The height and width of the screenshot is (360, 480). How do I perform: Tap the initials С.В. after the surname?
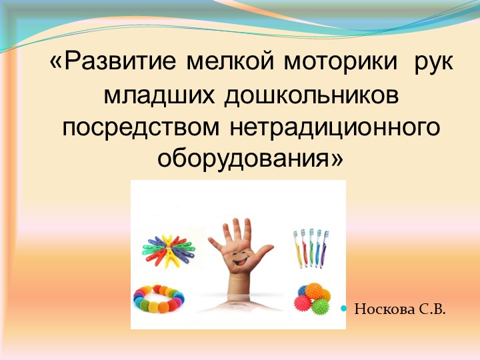[x=433, y=309]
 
